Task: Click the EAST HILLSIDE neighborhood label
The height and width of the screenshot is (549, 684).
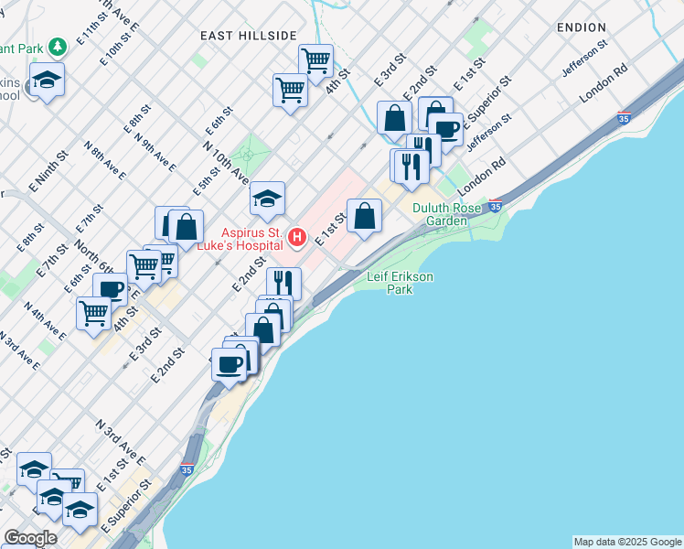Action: pos(249,35)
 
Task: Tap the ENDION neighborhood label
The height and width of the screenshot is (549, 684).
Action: pos(582,28)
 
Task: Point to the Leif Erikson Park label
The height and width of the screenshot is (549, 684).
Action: pos(400,283)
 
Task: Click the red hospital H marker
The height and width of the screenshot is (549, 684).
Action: pos(296,238)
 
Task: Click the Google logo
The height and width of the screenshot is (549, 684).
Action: pos(30,538)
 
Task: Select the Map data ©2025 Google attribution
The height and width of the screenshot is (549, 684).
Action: pos(626,542)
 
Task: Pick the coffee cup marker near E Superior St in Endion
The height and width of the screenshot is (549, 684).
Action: pos(445,129)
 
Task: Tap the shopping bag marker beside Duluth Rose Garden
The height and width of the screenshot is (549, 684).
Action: pos(364,217)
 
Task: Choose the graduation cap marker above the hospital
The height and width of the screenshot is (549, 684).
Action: pos(267,199)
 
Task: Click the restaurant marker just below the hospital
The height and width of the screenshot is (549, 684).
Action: pos(283,282)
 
